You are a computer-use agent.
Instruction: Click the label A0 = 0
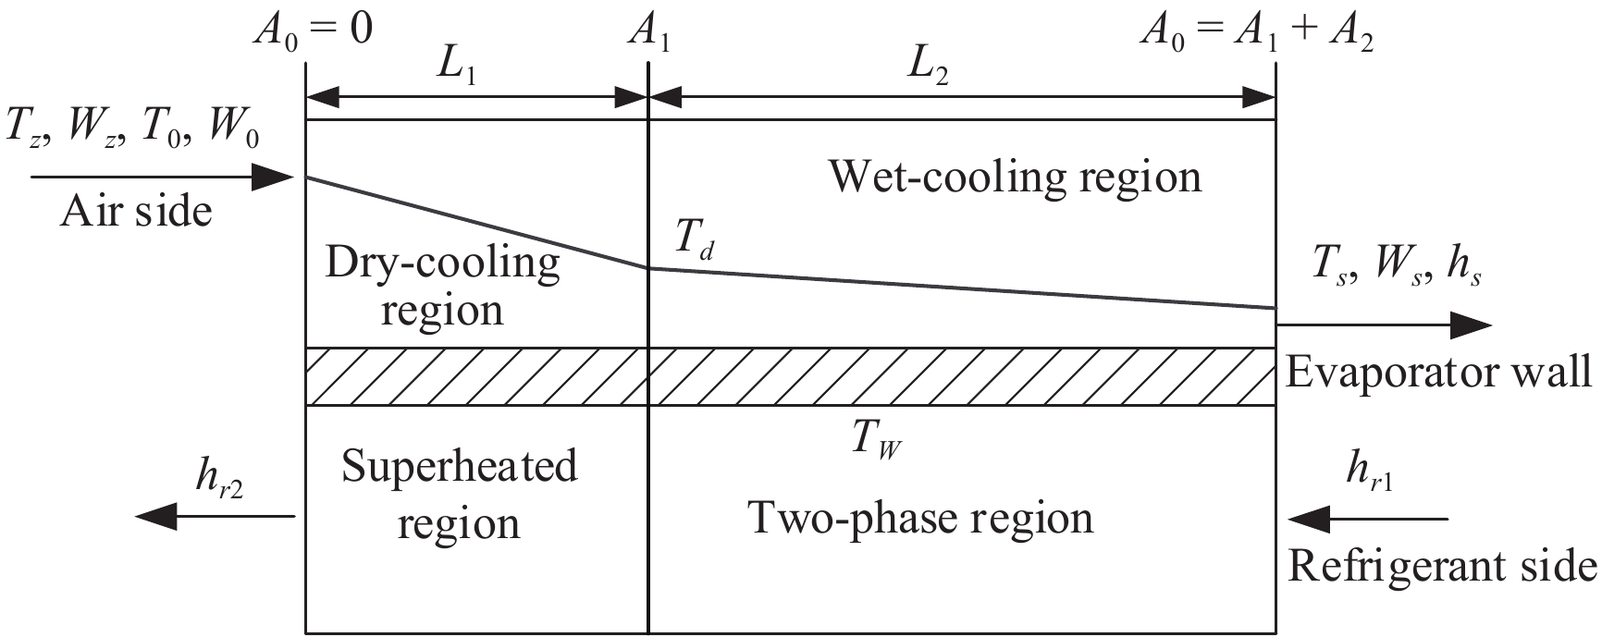pyautogui.click(x=314, y=31)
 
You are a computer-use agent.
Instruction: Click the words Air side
pyautogui.click(x=136, y=212)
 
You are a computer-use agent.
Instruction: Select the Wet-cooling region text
pyautogui.click(x=1015, y=176)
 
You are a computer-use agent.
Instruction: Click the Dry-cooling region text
pyautogui.click(x=443, y=286)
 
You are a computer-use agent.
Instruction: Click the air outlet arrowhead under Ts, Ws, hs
pyautogui.click(x=1471, y=325)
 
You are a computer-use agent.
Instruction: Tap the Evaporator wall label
pyautogui.click(x=1439, y=373)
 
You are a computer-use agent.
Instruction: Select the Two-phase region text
pyautogui.click(x=920, y=518)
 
